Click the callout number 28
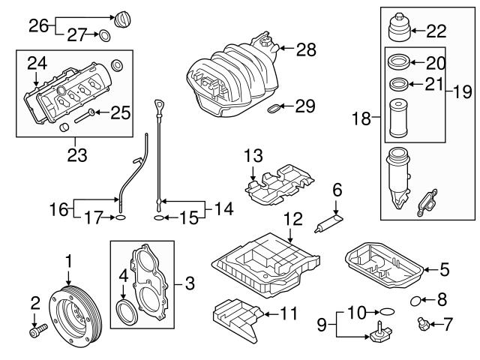pos(304,50)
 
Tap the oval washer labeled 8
pos(416,301)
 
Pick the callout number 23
pos(76,156)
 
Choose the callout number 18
pos(362,118)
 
